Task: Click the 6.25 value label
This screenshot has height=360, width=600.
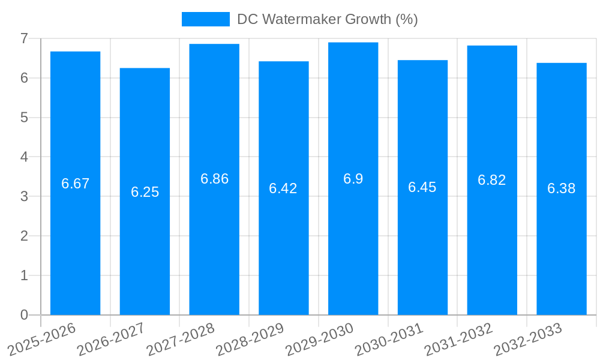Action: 145,192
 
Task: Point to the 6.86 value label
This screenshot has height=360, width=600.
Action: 214,179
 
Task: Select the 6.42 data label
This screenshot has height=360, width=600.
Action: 283,188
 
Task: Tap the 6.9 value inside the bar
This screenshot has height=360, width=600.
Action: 353,179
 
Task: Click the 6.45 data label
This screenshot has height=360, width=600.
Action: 422,187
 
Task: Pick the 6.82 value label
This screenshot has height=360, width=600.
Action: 492,180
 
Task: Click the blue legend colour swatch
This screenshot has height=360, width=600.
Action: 206,19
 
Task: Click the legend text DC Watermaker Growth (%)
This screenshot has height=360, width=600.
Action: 327,19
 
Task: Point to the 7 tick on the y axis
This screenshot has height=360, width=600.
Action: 24,38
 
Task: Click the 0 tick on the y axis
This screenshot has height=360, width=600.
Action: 24,315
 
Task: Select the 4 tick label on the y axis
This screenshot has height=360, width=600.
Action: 24,157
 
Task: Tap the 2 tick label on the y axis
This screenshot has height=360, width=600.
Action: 24,236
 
